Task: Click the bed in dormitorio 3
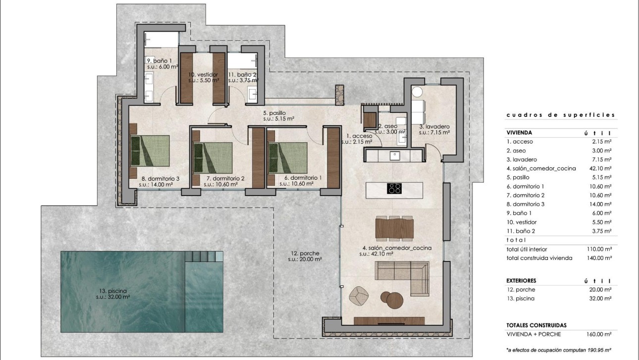[x=150, y=151]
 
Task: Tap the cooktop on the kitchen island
[x=394, y=188]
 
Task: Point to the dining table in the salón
[x=394, y=228]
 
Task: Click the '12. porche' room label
[x=305, y=256]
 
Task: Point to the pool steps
[x=203, y=257]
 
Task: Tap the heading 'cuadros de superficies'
[x=560, y=115]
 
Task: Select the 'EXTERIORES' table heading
[x=521, y=281]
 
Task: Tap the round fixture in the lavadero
[x=417, y=92]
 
